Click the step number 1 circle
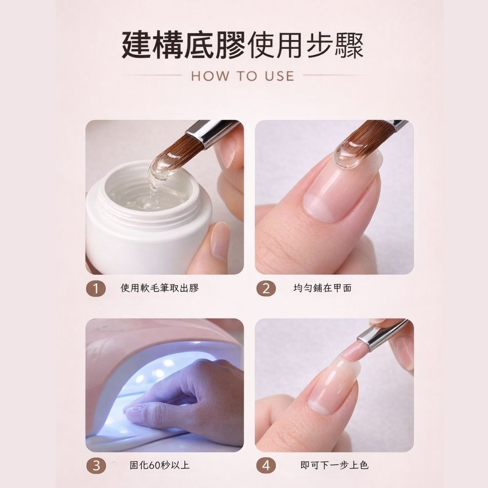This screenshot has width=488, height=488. (x=96, y=288)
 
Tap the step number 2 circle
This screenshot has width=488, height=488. (x=266, y=288)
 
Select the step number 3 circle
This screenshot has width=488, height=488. (x=96, y=466)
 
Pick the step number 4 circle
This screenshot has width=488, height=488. (x=266, y=466)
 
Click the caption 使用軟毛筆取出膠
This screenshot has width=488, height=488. (x=160, y=288)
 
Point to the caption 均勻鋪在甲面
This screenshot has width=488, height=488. (x=323, y=288)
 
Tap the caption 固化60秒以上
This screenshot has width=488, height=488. (x=160, y=466)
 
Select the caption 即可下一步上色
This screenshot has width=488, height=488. (x=334, y=466)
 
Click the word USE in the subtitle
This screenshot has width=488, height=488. (x=280, y=76)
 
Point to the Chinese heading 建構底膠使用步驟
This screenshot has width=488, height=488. (x=243, y=45)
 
